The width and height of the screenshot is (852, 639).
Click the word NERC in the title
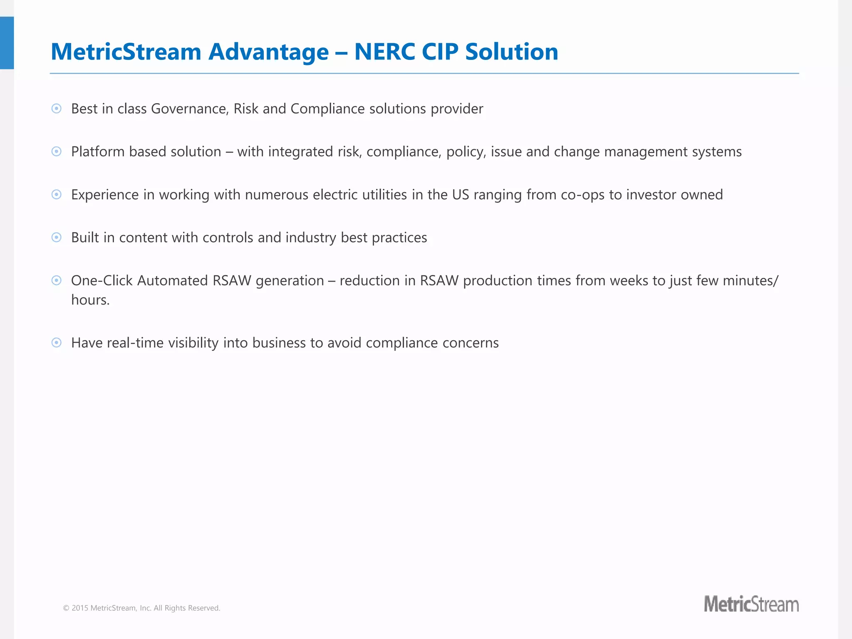tap(384, 52)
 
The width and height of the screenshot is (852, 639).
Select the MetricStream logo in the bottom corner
tap(751, 604)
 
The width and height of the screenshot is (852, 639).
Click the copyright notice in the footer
tap(141, 608)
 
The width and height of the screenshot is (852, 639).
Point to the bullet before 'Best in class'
tap(57, 109)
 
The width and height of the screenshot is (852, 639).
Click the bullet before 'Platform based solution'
tap(57, 151)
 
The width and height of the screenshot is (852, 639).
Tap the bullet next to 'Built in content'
tap(57, 237)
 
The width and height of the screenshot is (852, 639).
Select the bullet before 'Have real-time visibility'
tap(57, 342)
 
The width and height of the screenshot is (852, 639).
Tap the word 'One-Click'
tap(102, 280)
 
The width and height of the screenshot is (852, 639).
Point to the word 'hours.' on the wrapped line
tap(90, 300)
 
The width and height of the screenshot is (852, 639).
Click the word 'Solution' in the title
tap(511, 52)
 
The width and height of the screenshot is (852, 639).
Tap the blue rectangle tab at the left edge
tap(7, 43)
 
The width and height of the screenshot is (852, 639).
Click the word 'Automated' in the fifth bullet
tap(172, 280)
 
